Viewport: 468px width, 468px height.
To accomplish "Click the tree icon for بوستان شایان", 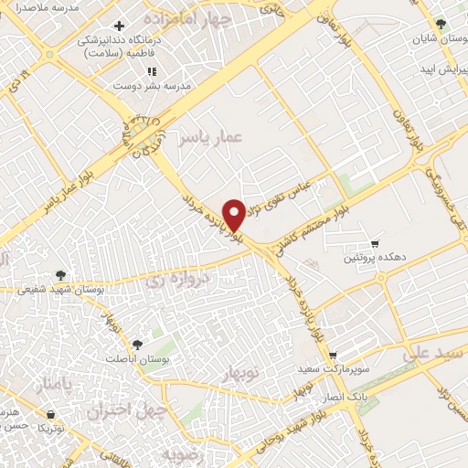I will pyautogui.click(x=442, y=25).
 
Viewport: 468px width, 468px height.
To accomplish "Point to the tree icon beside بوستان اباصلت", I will pyautogui.click(x=137, y=344).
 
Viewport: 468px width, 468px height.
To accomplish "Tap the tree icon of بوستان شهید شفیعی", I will pyautogui.click(x=60, y=272).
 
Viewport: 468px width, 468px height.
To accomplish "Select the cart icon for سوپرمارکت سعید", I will pyautogui.click(x=334, y=356).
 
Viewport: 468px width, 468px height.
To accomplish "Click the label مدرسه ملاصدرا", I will pyautogui.click(x=37, y=6).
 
